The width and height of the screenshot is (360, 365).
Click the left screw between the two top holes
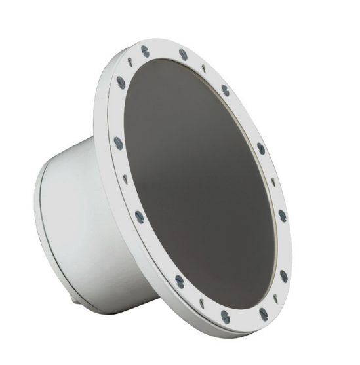[144, 50]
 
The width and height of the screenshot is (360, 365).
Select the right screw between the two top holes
[183, 54]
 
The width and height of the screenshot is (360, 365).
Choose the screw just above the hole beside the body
[117, 142]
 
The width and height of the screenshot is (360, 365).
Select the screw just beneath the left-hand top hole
[121, 82]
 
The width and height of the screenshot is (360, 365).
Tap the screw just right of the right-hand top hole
[224, 90]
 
